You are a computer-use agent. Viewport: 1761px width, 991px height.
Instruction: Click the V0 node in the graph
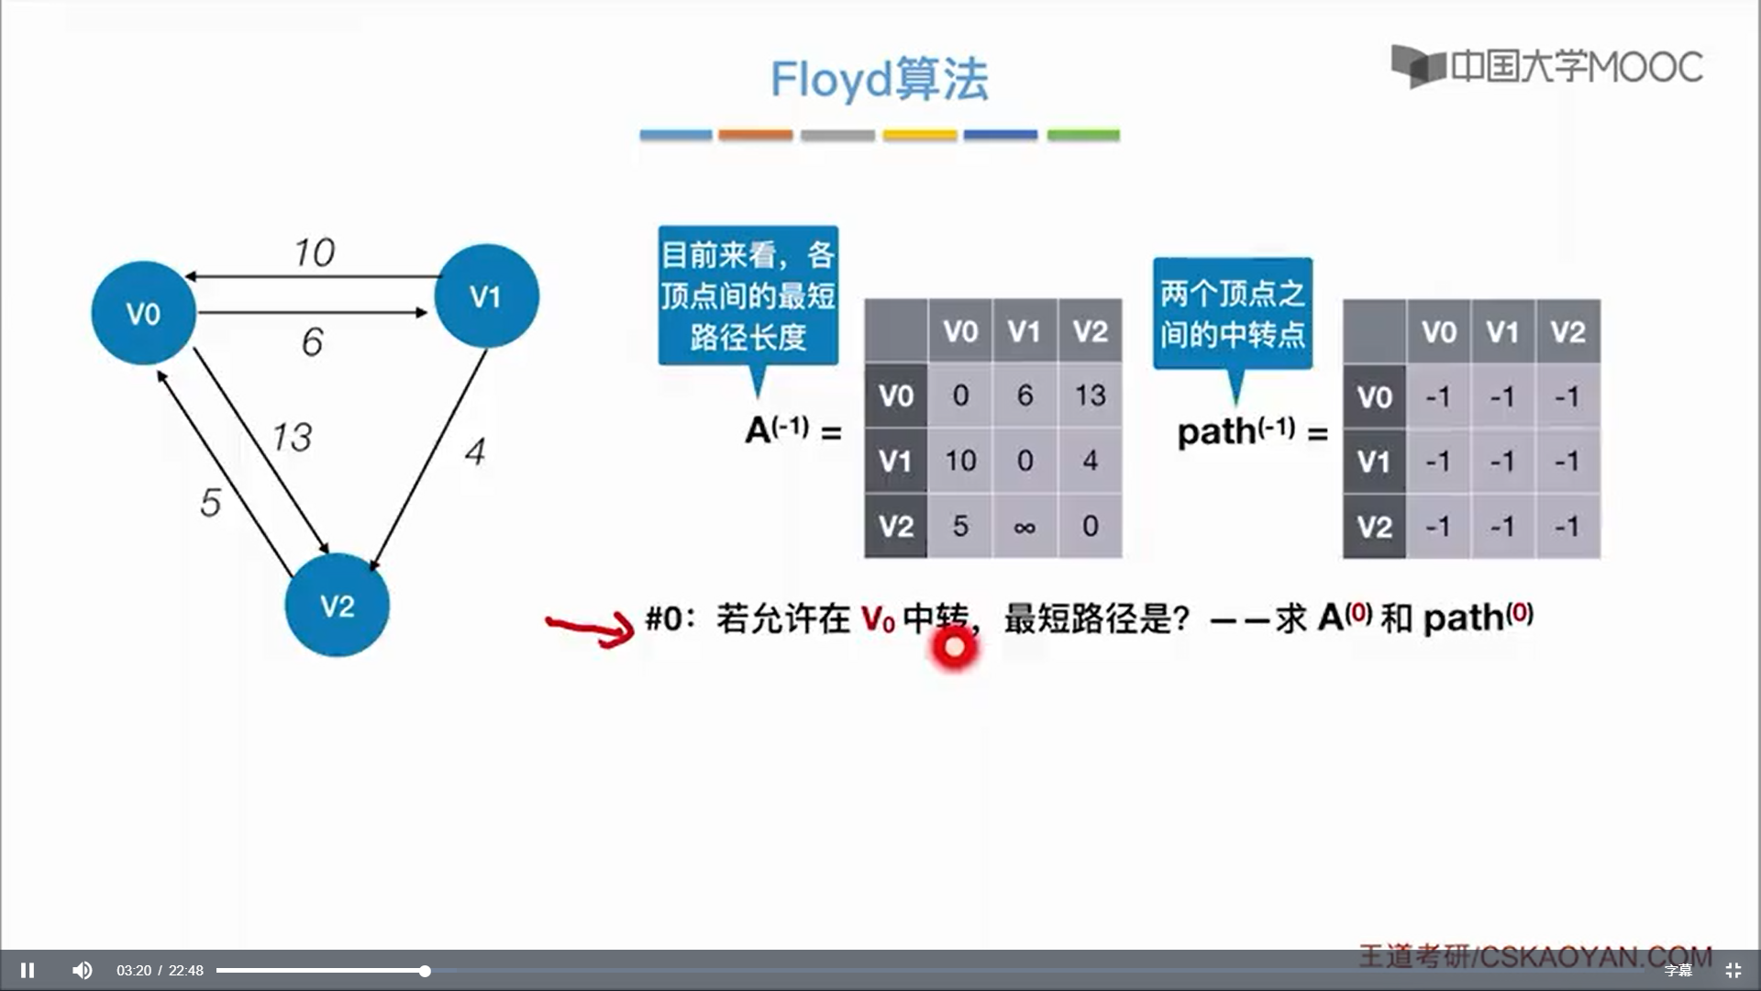coord(143,314)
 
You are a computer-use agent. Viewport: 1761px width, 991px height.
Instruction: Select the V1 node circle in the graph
coord(486,295)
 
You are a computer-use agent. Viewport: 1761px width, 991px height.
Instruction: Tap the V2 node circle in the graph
coord(337,606)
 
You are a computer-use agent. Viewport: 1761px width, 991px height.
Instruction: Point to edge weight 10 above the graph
coord(315,252)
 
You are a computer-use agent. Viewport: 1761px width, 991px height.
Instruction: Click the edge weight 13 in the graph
coord(293,437)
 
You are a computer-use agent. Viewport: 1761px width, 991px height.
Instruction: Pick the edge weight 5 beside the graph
coord(210,502)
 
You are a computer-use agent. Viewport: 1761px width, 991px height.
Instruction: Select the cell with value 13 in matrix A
coord(1090,395)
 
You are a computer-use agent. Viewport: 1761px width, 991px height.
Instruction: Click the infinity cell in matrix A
coord(1024,527)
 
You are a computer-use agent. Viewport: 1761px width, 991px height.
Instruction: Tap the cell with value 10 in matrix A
coord(960,461)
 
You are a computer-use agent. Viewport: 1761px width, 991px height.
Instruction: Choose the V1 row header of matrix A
coord(895,461)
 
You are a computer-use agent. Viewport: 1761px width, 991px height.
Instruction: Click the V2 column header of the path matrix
coord(1567,331)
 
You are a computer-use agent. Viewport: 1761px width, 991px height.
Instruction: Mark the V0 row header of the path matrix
coord(1374,397)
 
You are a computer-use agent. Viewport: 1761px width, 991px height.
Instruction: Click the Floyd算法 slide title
coord(879,79)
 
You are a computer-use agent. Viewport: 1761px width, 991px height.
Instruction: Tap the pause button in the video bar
coord(28,970)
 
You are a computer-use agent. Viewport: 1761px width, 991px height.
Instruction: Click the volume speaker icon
coord(83,970)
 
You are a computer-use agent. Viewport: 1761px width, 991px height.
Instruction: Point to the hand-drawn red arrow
coord(591,629)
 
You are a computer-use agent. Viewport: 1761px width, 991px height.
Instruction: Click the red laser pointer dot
coord(954,648)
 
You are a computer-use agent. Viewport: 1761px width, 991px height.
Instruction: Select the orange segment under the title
coord(755,135)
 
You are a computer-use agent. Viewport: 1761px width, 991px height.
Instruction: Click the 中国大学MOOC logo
coord(1546,66)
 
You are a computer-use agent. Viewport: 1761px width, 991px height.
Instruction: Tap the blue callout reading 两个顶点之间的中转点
coord(1232,313)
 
